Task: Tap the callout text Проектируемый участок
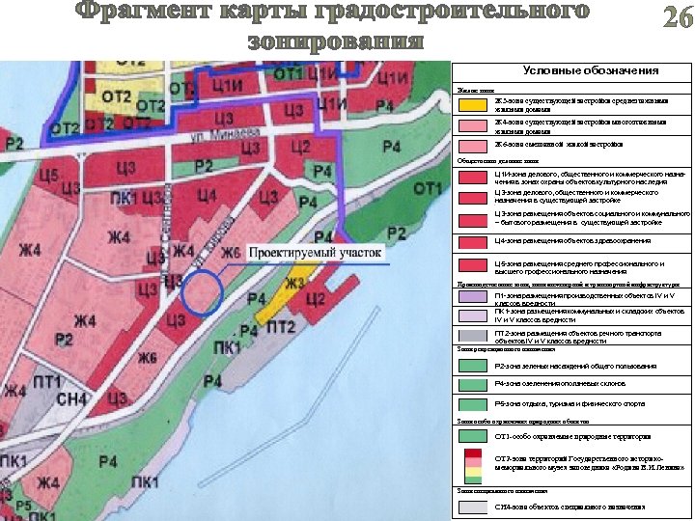(x=316, y=252)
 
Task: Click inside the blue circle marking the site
(x=203, y=293)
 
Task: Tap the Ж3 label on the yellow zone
(x=295, y=283)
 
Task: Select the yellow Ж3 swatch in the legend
(x=472, y=104)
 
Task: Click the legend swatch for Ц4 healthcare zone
(x=472, y=240)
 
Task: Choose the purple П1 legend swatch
(x=472, y=297)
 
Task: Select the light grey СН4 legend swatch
(x=472, y=507)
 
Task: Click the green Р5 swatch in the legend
(x=472, y=403)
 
